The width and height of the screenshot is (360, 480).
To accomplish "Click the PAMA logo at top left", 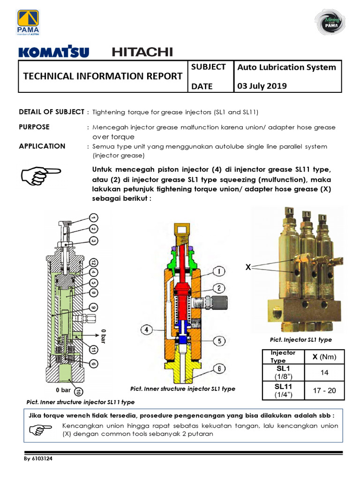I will tap(29, 22).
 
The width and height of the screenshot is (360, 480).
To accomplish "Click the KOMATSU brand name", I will tap(53, 52).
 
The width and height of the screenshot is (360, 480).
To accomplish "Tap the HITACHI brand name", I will tap(142, 52).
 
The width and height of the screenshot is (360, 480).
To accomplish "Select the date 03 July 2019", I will tap(263, 86).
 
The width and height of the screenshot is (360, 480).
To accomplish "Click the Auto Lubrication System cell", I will tap(286, 67).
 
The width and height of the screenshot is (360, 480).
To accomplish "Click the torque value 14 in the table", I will tap(325, 373).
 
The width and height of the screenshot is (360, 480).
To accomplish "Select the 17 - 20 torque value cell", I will tap(325, 390).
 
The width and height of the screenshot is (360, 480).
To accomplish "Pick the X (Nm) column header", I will tap(325, 357).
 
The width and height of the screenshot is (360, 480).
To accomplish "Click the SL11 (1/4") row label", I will tap(283, 390).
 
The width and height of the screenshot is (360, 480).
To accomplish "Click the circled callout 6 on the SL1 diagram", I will tap(219, 369).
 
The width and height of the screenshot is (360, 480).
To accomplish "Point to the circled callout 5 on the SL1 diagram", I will tap(218, 340).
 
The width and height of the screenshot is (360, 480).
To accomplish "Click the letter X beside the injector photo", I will tap(248, 267).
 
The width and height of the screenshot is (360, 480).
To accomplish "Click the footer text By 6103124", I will tap(38, 459).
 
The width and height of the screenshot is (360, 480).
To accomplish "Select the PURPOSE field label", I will tap(34, 127).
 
